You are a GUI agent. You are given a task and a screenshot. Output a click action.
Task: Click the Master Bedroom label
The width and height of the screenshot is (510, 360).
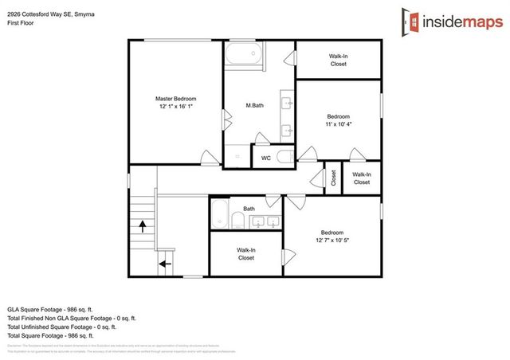175,98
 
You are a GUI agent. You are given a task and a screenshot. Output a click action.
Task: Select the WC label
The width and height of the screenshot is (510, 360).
266,158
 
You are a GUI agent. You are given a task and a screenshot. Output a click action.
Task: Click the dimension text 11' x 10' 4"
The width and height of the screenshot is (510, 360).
338,124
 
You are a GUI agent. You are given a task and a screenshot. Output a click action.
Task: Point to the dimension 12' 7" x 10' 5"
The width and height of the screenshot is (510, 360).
331,241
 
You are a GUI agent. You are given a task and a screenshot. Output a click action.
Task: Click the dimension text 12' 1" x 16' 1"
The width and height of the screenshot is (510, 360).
175,107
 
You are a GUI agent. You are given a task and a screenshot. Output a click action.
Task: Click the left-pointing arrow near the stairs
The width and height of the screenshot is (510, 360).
166,262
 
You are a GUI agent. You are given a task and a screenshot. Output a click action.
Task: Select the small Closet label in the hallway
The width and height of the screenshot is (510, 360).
334,179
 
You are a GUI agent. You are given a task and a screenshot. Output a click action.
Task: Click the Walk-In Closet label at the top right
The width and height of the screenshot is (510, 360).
338,60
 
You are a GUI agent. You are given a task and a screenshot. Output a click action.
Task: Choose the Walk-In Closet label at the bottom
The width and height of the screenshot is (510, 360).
245,254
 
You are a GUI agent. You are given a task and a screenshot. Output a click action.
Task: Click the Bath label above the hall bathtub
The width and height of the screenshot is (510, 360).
249,209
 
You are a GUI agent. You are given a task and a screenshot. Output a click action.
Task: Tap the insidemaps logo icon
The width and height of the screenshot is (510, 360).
410,22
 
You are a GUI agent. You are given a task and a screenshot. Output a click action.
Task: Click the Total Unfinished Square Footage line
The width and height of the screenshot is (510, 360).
61,327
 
